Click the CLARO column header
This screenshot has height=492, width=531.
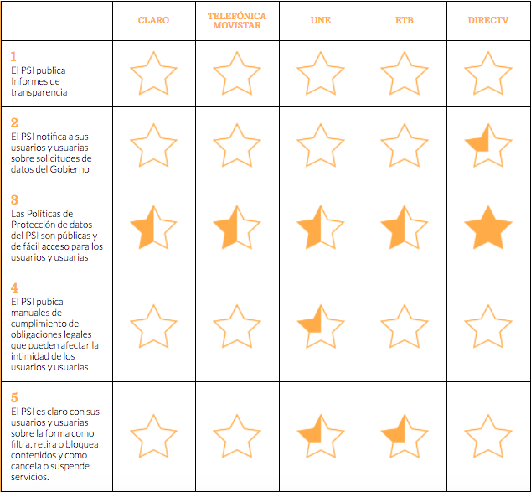tap(153, 20)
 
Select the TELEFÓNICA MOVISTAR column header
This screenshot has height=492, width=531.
tap(236, 20)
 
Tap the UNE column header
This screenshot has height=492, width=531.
tap(320, 20)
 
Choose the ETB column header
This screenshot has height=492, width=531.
tap(404, 20)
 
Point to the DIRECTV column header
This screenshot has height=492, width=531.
tap(488, 20)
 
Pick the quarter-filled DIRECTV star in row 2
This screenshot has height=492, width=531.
tap(488, 144)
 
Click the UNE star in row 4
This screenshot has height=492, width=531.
tap(320, 327)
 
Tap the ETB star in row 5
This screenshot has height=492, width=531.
tap(404, 436)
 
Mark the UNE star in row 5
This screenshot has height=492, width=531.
tap(320, 436)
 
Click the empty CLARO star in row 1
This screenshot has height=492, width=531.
tap(153, 73)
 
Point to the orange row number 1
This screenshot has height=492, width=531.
tap(13, 57)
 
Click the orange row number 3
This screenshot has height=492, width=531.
tap(14, 200)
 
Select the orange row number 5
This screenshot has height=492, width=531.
tap(14, 398)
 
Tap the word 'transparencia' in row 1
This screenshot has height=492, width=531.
tap(39, 92)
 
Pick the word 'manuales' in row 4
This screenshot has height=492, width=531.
tap(32, 313)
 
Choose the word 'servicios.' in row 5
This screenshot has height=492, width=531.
tap(31, 477)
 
